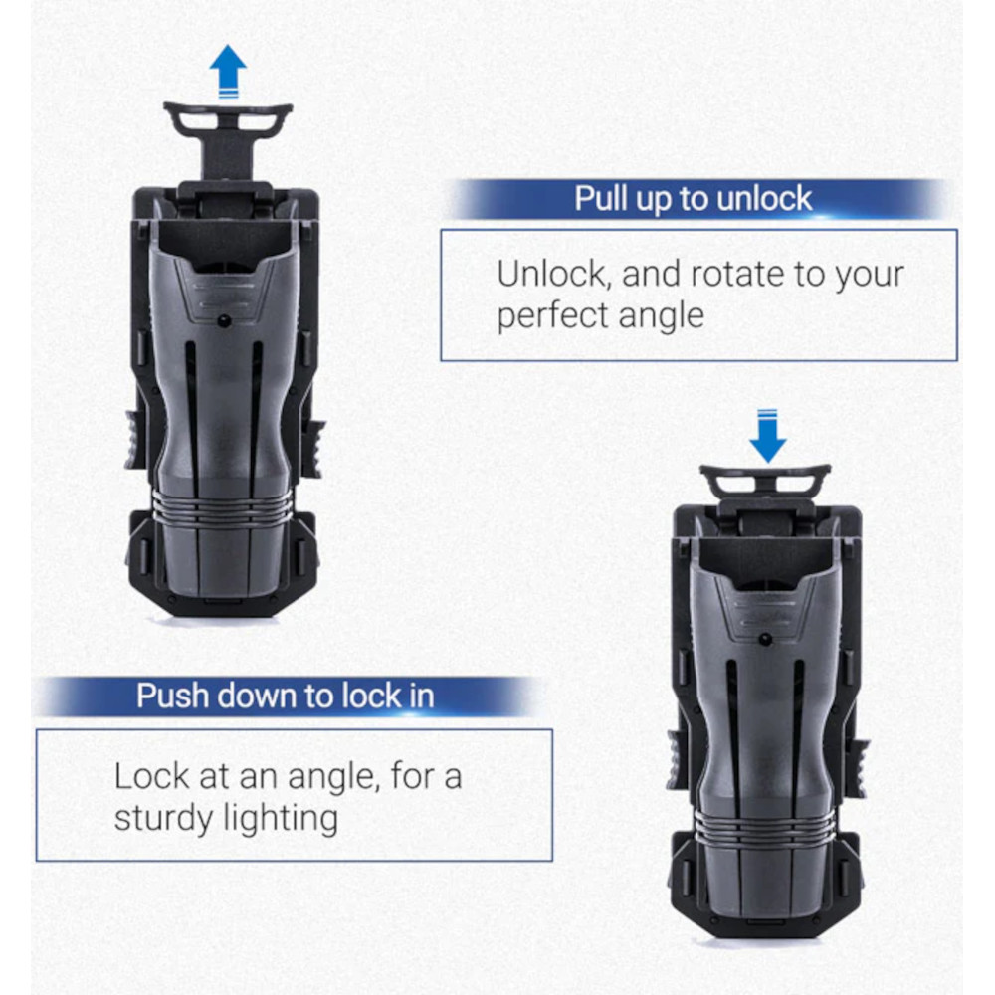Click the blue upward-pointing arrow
click(x=228, y=70)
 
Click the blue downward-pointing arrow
click(x=768, y=437)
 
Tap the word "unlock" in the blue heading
click(x=764, y=199)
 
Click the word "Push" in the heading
click(x=171, y=696)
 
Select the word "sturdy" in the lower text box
click(x=164, y=818)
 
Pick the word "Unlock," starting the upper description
click(x=554, y=275)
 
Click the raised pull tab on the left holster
click(x=228, y=137)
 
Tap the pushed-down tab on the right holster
click(x=764, y=483)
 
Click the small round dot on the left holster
click(x=222, y=321)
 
